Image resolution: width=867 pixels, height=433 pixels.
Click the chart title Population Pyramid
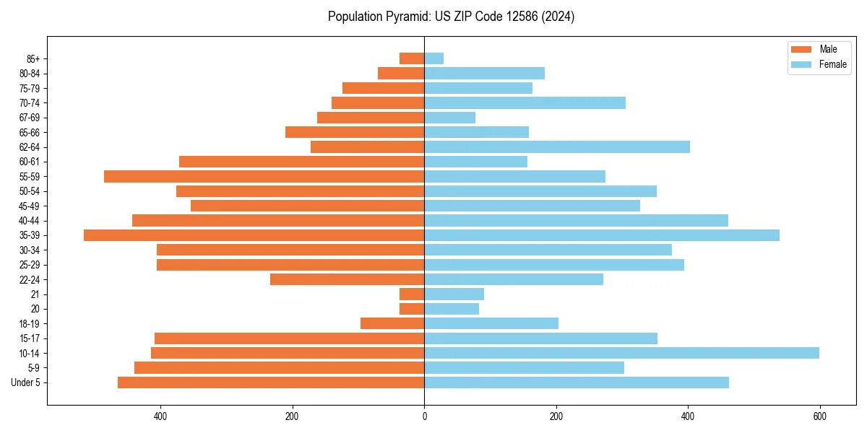(451, 17)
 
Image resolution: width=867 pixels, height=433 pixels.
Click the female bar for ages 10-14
(621, 353)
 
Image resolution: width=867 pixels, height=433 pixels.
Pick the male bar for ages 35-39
(254, 235)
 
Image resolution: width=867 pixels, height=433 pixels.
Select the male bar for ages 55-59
(264, 176)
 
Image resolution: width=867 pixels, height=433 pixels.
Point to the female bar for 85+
(433, 58)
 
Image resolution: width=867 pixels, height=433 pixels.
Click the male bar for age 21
(412, 294)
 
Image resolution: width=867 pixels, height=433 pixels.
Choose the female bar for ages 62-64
(557, 146)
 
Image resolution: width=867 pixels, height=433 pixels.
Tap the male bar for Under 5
(271, 382)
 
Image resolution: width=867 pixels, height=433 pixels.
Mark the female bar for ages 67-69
(449, 118)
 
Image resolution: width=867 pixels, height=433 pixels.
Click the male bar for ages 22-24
(347, 279)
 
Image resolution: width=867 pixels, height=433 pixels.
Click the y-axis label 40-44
(30, 221)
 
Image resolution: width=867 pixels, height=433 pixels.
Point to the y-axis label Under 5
(25, 382)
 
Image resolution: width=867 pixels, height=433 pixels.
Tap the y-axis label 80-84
(30, 74)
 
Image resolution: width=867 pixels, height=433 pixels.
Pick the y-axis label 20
(35, 309)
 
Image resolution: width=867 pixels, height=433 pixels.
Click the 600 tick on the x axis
(819, 416)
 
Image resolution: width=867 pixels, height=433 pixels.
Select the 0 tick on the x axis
(424, 416)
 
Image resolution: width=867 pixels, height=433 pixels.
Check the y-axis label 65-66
(30, 132)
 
